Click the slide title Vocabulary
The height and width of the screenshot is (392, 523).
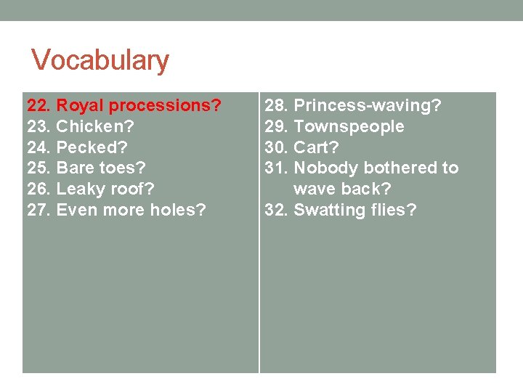100,60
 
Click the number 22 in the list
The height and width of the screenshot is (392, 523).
38,106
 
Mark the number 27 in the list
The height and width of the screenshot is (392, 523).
38,211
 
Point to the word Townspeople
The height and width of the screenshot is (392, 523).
349,127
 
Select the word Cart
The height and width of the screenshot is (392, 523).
316,147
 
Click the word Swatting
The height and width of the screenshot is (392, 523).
327,211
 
